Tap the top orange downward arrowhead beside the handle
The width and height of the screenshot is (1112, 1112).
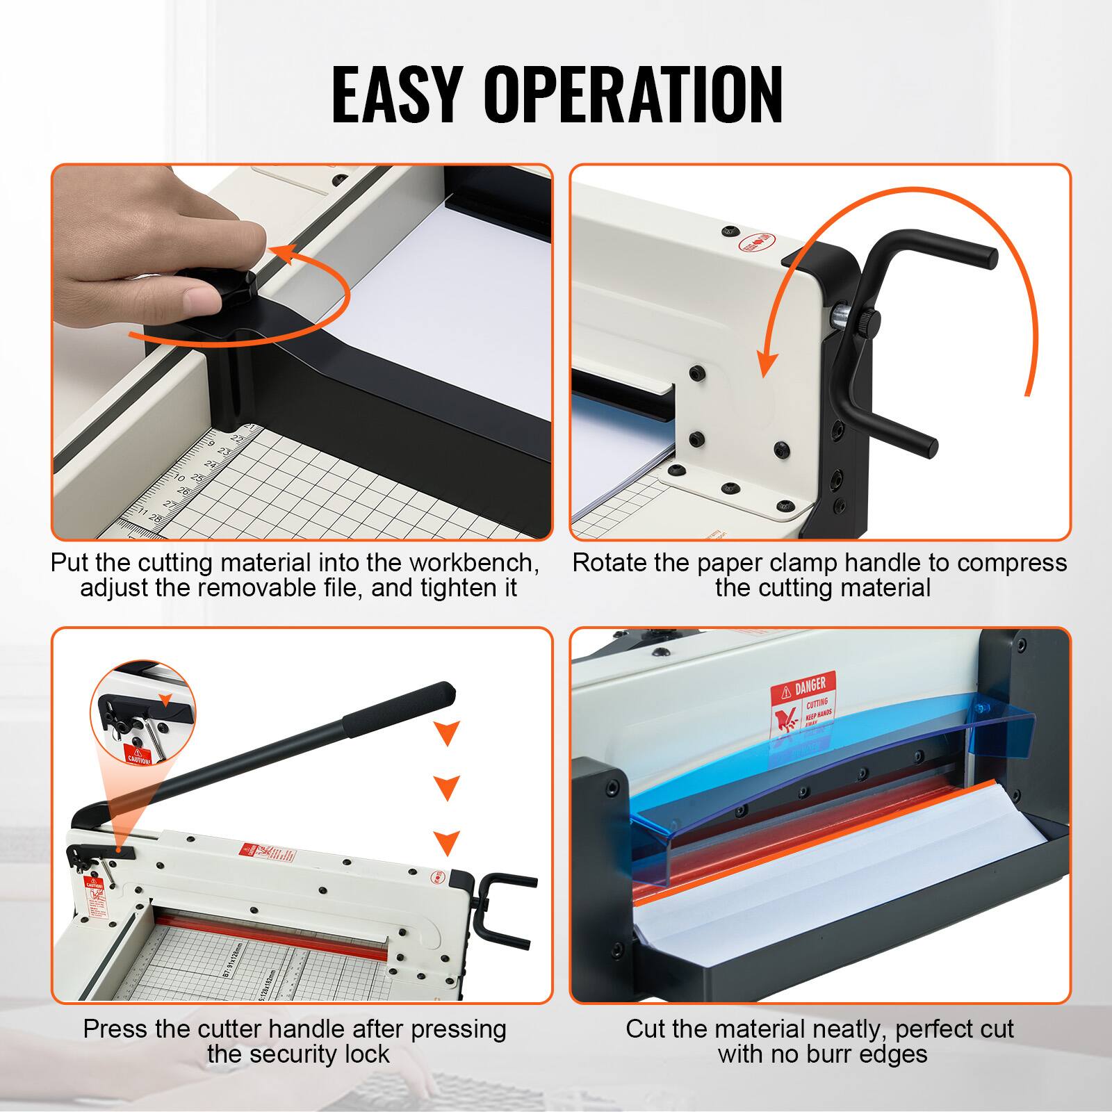(446, 732)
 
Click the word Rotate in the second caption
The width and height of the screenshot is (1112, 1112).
(610, 562)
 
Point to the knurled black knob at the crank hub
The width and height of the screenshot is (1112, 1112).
(868, 319)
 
